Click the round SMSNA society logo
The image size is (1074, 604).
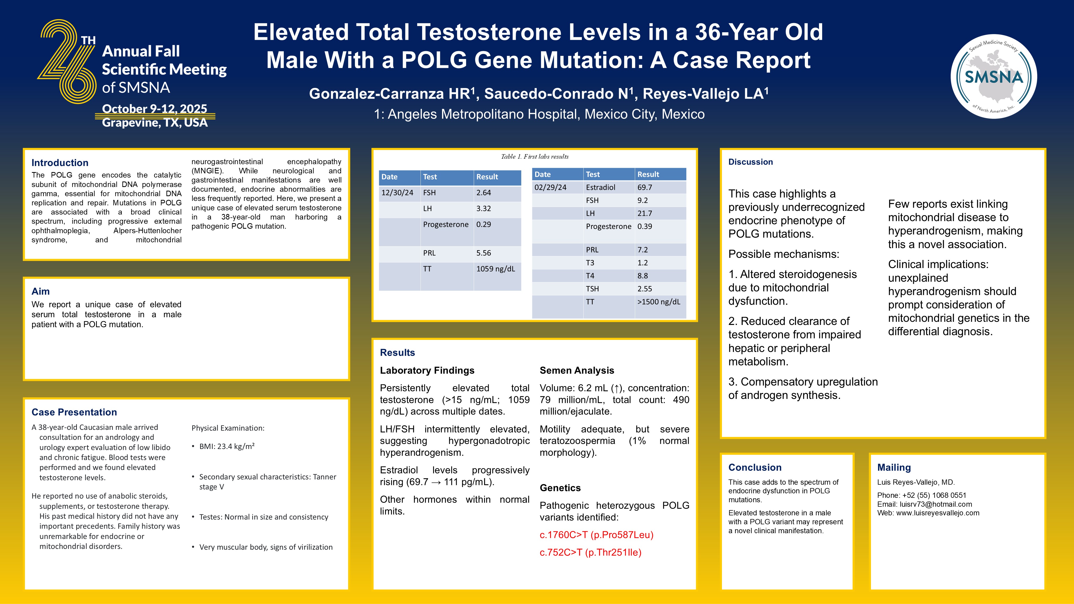[x=994, y=76]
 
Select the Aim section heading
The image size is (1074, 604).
[x=40, y=291]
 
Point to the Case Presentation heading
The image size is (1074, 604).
[x=74, y=412]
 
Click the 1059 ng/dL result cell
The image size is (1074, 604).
[x=496, y=269]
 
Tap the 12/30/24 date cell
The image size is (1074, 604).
[x=397, y=193]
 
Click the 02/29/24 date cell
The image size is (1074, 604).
[x=550, y=187]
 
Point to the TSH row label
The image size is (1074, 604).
[x=592, y=288]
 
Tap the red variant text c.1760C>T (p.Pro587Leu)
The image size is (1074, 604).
[x=596, y=534]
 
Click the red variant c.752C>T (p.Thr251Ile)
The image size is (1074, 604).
[x=590, y=552]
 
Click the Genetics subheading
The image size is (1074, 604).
[x=560, y=488]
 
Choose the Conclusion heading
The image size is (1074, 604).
[x=755, y=467]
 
